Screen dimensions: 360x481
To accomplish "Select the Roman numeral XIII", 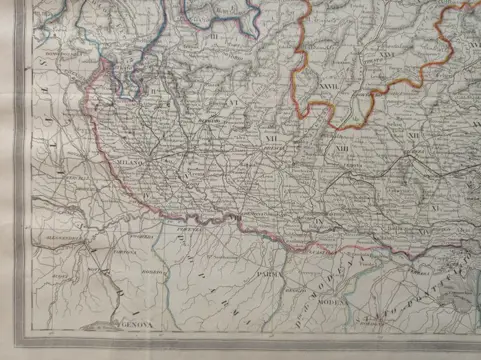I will click(x=343, y=151).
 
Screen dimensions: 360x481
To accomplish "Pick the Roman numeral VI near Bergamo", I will click(x=230, y=101).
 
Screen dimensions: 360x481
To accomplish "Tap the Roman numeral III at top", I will click(x=214, y=37).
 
